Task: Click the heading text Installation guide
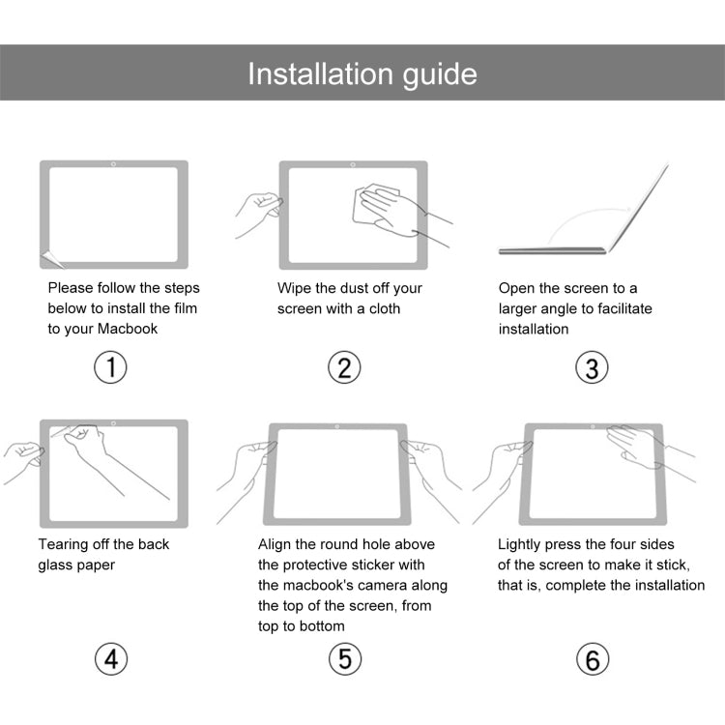pyautogui.click(x=362, y=73)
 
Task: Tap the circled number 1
pyautogui.click(x=111, y=367)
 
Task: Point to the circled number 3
pyautogui.click(x=592, y=367)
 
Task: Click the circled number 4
pyautogui.click(x=111, y=659)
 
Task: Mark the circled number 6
pyautogui.click(x=592, y=659)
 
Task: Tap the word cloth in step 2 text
pyautogui.click(x=384, y=308)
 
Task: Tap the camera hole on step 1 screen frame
pyautogui.click(x=114, y=164)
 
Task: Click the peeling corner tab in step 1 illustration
pyautogui.click(x=49, y=259)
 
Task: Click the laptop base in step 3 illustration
pyautogui.click(x=552, y=250)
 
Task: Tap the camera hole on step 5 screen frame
pyautogui.click(x=335, y=426)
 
